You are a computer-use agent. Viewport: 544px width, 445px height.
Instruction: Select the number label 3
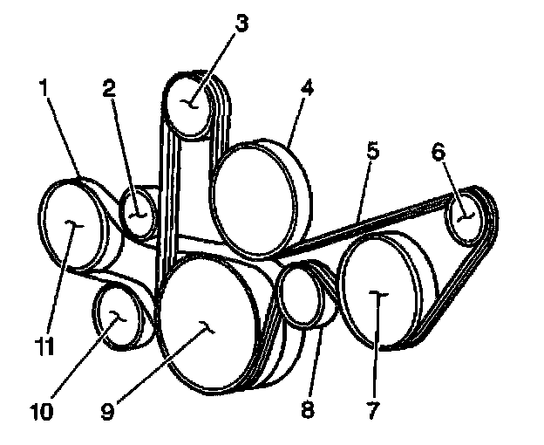[241, 23]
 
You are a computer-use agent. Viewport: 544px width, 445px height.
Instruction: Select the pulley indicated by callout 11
[73, 225]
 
